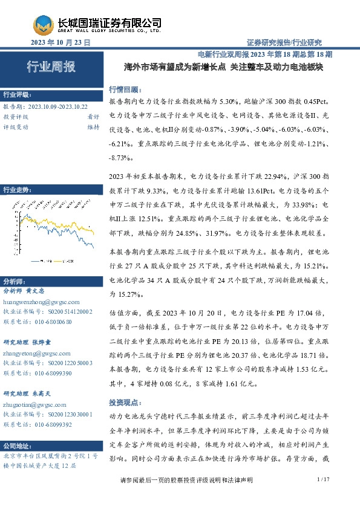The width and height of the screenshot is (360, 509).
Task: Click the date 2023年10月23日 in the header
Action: point(61,42)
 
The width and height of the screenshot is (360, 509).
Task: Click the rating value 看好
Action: point(93,116)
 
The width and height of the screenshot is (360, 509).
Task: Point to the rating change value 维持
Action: point(93,127)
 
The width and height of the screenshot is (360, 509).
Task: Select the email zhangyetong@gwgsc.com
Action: point(36,352)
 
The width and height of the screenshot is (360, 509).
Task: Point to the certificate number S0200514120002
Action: point(69,311)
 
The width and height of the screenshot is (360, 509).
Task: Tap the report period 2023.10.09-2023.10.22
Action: point(57,106)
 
